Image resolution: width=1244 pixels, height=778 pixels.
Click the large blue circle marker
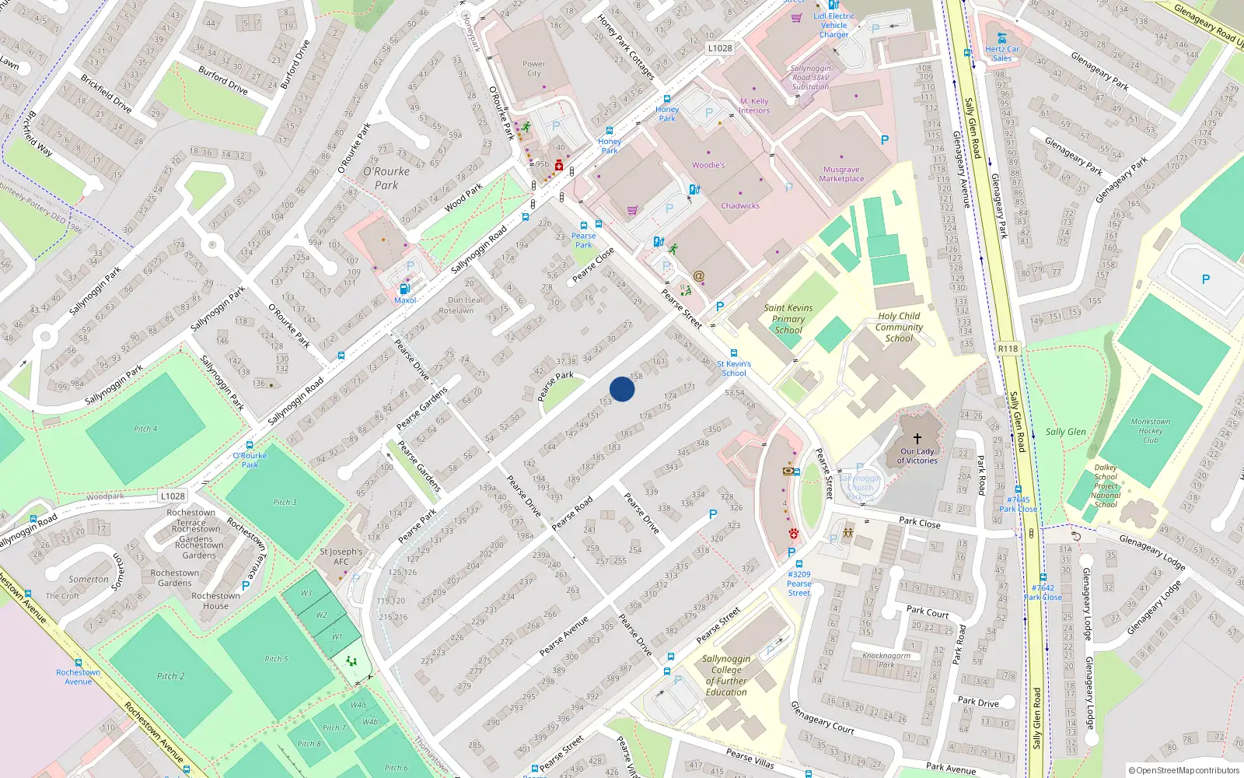(622, 389)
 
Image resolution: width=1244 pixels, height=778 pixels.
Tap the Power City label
(533, 68)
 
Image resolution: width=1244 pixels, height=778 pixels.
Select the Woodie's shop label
(708, 165)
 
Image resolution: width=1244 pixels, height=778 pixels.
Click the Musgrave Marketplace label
(841, 174)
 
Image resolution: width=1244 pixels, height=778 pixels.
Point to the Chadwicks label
(739, 206)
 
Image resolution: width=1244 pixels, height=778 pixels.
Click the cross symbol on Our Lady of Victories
(917, 439)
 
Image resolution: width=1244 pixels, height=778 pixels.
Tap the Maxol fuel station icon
(404, 289)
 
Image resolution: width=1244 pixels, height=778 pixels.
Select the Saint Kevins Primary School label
(788, 319)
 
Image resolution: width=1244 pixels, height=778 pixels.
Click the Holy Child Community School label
(899, 327)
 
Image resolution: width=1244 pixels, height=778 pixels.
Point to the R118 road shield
(1008, 349)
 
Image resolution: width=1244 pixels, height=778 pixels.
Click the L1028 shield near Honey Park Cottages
(719, 48)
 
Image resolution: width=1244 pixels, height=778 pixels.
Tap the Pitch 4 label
(145, 429)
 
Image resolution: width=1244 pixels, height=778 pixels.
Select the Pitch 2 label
(170, 676)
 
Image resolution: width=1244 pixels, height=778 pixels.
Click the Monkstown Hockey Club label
(1150, 430)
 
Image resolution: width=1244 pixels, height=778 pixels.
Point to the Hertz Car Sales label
(1002, 54)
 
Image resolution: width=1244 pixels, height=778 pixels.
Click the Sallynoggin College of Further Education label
(726, 675)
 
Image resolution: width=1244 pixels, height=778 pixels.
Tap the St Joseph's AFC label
(341, 556)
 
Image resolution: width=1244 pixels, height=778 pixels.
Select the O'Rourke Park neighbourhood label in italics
(386, 178)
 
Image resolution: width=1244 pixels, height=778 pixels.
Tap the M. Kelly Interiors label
(753, 106)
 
